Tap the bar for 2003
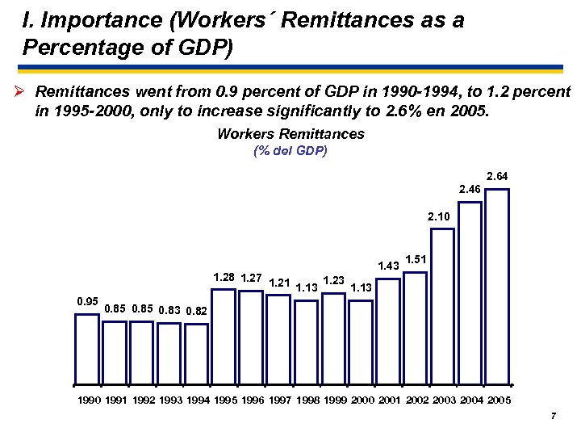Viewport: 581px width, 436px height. click(442, 303)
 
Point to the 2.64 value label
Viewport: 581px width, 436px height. click(497, 176)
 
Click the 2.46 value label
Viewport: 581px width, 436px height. click(470, 189)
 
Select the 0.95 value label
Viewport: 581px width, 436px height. click(86, 301)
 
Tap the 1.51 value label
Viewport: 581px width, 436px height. click(416, 259)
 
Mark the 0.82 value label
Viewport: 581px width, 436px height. click(196, 311)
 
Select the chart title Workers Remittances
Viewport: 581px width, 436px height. click(290, 134)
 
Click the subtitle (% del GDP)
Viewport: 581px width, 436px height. click(290, 151)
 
